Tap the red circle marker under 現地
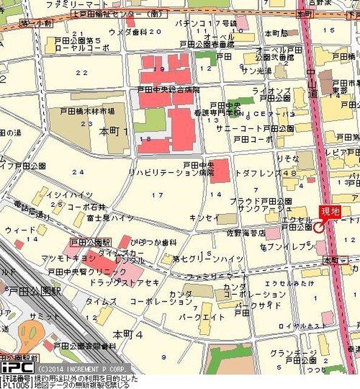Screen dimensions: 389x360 [x=318, y=227]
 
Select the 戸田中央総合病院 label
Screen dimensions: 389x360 [x=169, y=89]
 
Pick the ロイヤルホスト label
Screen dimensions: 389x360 [x=298, y=326]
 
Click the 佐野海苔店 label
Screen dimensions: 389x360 [x=246, y=233]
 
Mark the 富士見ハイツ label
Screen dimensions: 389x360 [x=110, y=218]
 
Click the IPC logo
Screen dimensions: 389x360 [x=16, y=368]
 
